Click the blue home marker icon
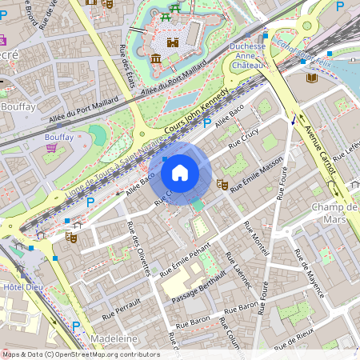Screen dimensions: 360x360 click(x=180, y=172)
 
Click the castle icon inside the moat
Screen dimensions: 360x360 click(x=173, y=43)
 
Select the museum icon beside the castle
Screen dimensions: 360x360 click(x=156, y=58)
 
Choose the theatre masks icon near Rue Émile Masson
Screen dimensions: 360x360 click(x=222, y=185)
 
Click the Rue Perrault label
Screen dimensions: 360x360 click(x=115, y=310)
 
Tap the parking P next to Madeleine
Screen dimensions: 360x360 click(x=76, y=326)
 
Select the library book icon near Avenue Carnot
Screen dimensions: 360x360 click(x=311, y=78)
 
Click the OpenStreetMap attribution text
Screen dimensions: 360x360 click(x=80, y=354)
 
